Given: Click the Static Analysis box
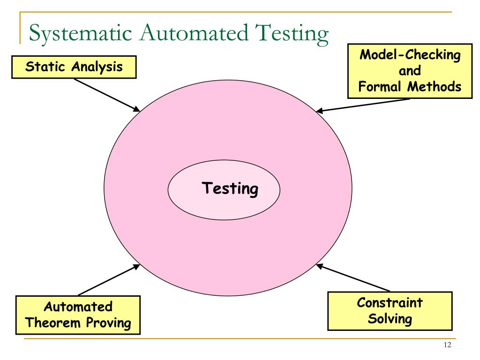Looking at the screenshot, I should click(x=74, y=67).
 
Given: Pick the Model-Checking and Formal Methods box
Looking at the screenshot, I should click(x=410, y=72).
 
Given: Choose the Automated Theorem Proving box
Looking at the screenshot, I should click(x=78, y=315).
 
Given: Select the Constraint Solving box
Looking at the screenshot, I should click(x=390, y=310).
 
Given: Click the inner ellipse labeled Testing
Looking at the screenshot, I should click(x=224, y=190).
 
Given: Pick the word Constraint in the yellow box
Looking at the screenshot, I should click(x=390, y=302).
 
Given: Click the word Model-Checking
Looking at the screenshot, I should click(x=410, y=55).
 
